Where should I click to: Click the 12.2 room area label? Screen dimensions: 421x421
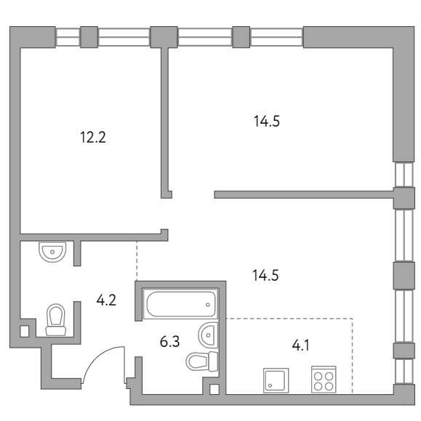pos(93,137)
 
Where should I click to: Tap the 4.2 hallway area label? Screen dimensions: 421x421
pos(106,300)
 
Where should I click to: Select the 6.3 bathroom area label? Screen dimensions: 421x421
pos(169,342)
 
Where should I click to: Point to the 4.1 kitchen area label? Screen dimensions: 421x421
pos(301,345)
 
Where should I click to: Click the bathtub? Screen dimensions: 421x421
pos(181,304)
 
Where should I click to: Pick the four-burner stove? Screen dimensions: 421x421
pos(324,380)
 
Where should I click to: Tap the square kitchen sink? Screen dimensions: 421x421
pos(276,380)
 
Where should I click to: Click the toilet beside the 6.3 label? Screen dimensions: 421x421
pos(202,361)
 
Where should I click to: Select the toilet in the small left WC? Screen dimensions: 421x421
pos(56,320)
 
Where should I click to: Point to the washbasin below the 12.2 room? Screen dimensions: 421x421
pos(52,252)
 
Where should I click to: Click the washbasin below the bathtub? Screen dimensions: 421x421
pos(208,334)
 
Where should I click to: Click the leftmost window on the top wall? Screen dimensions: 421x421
pos(68,37)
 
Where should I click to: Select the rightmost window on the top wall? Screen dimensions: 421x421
pos(276,37)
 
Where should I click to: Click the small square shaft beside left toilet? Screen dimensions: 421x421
pos(25,331)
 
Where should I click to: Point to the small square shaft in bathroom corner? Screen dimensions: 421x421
pos(214,389)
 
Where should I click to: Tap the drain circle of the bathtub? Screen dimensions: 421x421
pos(208,305)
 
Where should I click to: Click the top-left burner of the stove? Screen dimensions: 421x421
pos(318,377)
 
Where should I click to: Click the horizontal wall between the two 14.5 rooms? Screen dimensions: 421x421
pos(304,194)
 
